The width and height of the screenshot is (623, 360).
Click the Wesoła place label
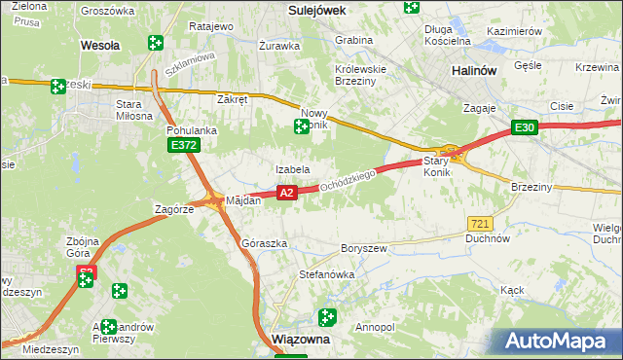99,45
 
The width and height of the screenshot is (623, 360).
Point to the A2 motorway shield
286,194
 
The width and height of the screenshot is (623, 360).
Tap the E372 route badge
183,145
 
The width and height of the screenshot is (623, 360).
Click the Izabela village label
292,169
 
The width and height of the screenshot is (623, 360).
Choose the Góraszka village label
264,242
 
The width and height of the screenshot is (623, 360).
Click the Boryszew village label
364,248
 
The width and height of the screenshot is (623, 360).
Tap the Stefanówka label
326,274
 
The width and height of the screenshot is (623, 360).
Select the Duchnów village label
488,237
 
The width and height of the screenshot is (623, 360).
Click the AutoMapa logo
555,342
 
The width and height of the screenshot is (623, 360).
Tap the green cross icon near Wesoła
155,42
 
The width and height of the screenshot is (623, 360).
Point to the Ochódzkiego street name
348,180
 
